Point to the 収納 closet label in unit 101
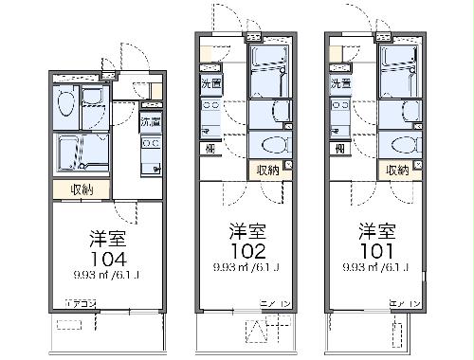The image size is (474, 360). coord(398,170)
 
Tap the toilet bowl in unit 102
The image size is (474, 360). coord(272,145)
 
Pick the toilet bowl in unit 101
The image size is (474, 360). coord(402,145)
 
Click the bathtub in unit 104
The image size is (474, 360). coord(82,152)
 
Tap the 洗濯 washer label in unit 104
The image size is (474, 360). coord(150,122)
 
